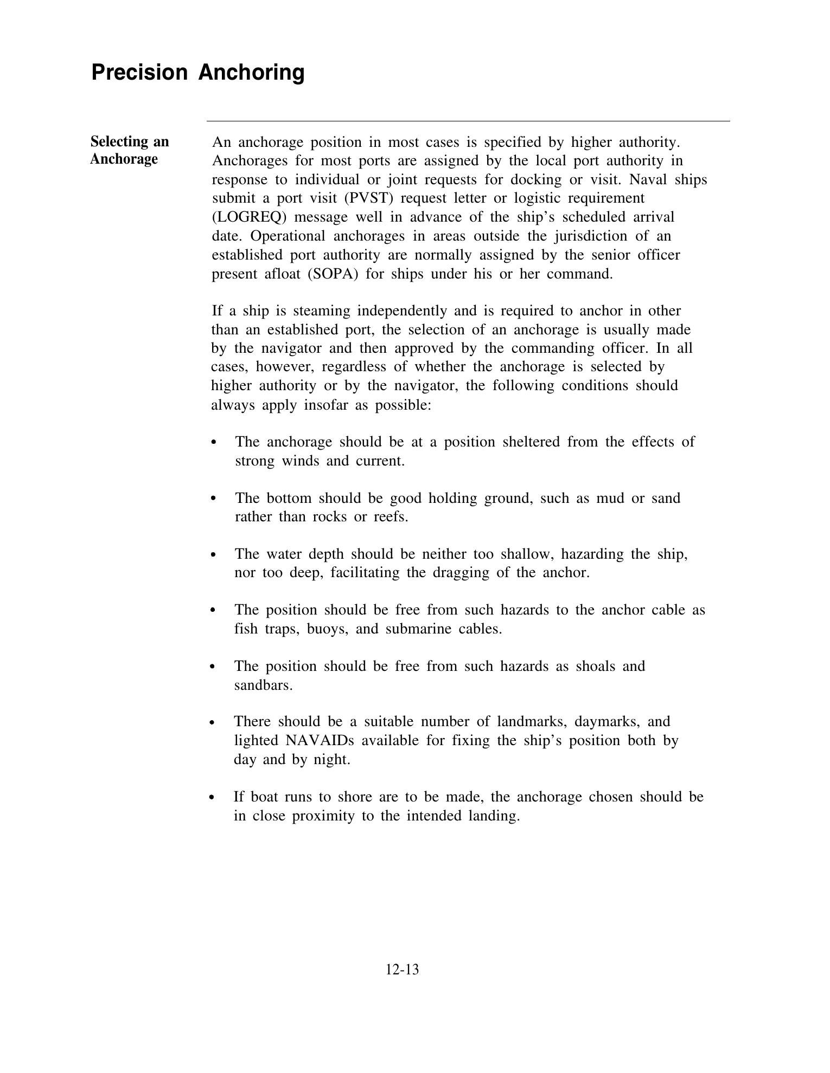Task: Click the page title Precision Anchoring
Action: point(197,72)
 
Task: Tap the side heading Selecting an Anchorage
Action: point(129,150)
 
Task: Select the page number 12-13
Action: point(402,969)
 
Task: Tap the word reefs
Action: point(391,517)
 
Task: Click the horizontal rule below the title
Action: point(468,121)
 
